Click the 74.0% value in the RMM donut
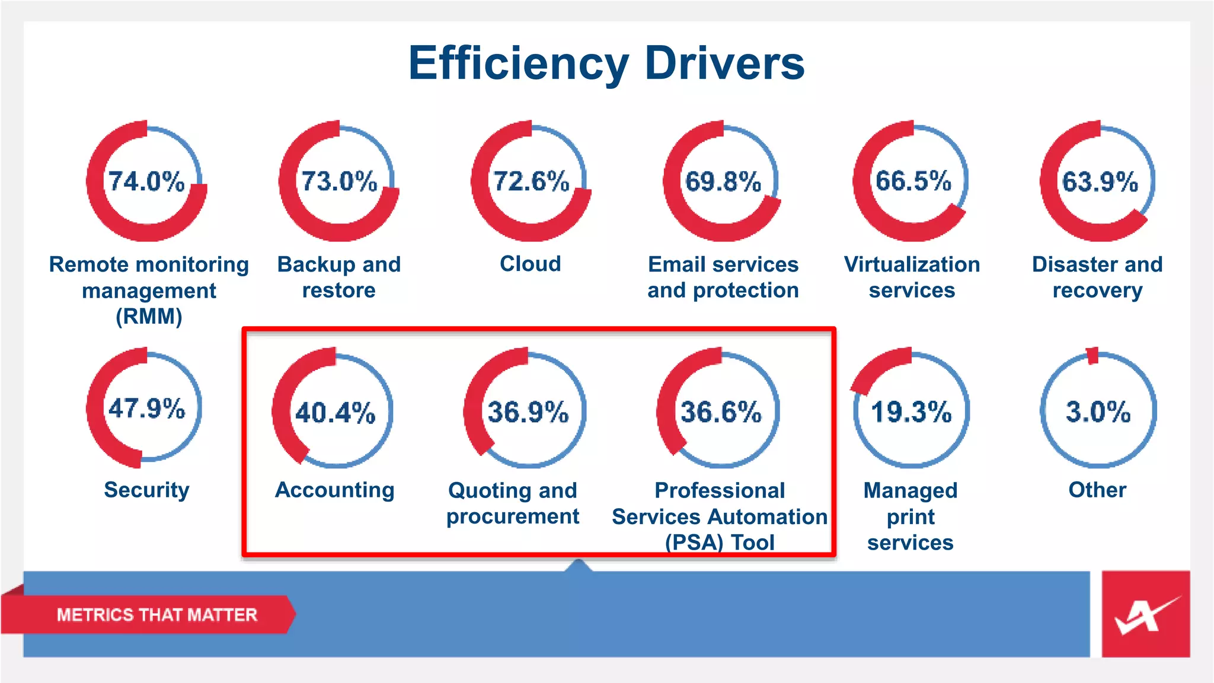pos(146,181)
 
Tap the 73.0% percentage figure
pos(339,181)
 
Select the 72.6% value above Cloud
pos(531,181)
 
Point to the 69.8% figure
pos(723,181)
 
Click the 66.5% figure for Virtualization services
pos(913,181)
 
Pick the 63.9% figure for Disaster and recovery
pos(1100,181)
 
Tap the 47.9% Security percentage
pos(146,408)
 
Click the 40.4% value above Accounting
pos(336,413)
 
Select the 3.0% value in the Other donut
pos(1098,412)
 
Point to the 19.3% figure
pos(911,412)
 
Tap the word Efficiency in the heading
pos(518,63)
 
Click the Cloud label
pos(531,264)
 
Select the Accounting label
pos(335,490)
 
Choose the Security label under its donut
pos(146,490)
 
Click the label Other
pos(1097,490)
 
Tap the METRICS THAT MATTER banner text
pos(157,615)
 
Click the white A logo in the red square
pos(1145,615)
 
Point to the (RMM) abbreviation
pos(149,317)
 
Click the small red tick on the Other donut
pos(1092,356)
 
